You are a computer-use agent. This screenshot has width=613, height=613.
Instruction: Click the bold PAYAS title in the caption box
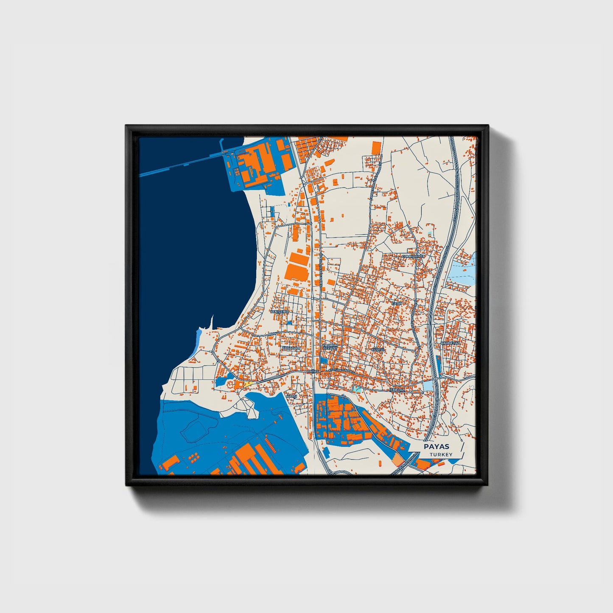[437, 447]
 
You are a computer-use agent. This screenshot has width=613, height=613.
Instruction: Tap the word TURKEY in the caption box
[441, 454]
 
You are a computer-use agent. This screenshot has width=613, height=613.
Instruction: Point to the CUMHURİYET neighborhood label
[413, 256]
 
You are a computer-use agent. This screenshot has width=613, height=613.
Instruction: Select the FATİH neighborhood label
[396, 304]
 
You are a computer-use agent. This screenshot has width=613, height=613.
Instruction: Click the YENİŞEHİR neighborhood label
[279, 311]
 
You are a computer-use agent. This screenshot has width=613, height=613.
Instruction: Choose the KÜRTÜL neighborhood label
[378, 350]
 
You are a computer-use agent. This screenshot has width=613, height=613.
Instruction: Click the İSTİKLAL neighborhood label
[397, 389]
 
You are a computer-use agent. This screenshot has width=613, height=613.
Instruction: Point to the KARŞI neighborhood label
[292, 396]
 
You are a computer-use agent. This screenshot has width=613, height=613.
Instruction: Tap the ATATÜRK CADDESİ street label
[341, 370]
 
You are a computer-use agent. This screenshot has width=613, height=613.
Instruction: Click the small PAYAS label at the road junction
[313, 371]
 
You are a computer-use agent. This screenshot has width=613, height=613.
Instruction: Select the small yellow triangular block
[248, 383]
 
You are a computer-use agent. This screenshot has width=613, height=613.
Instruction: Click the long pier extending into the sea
[182, 166]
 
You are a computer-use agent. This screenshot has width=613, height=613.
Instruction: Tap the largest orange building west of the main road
[297, 266]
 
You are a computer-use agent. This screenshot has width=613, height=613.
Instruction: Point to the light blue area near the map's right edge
[462, 272]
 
